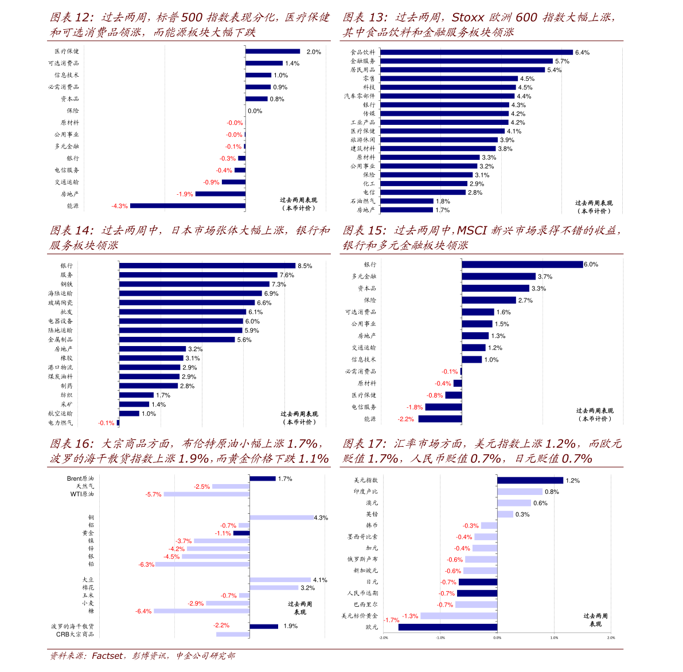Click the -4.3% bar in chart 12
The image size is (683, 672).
(x=188, y=206)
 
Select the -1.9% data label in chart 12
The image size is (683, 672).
(x=185, y=194)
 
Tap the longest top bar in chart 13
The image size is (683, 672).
(x=477, y=52)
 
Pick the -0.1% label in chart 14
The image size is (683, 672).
(x=106, y=423)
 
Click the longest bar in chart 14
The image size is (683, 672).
(x=207, y=266)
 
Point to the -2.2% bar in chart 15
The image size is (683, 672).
(x=440, y=419)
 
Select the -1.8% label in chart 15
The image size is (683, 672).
(x=415, y=407)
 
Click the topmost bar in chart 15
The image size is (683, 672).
(x=522, y=264)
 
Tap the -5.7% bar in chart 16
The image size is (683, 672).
(x=206, y=494)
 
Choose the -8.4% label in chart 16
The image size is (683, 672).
(x=143, y=611)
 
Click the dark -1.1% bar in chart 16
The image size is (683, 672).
(x=241, y=533)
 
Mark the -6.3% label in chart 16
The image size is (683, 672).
(x=146, y=564)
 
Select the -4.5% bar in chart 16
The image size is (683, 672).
(x=216, y=556)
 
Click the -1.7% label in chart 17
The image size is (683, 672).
(x=392, y=620)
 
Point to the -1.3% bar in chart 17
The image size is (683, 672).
(x=459, y=616)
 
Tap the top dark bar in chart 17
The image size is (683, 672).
(x=530, y=480)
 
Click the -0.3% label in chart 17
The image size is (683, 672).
(x=471, y=526)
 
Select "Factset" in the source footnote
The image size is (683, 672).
(x=107, y=656)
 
